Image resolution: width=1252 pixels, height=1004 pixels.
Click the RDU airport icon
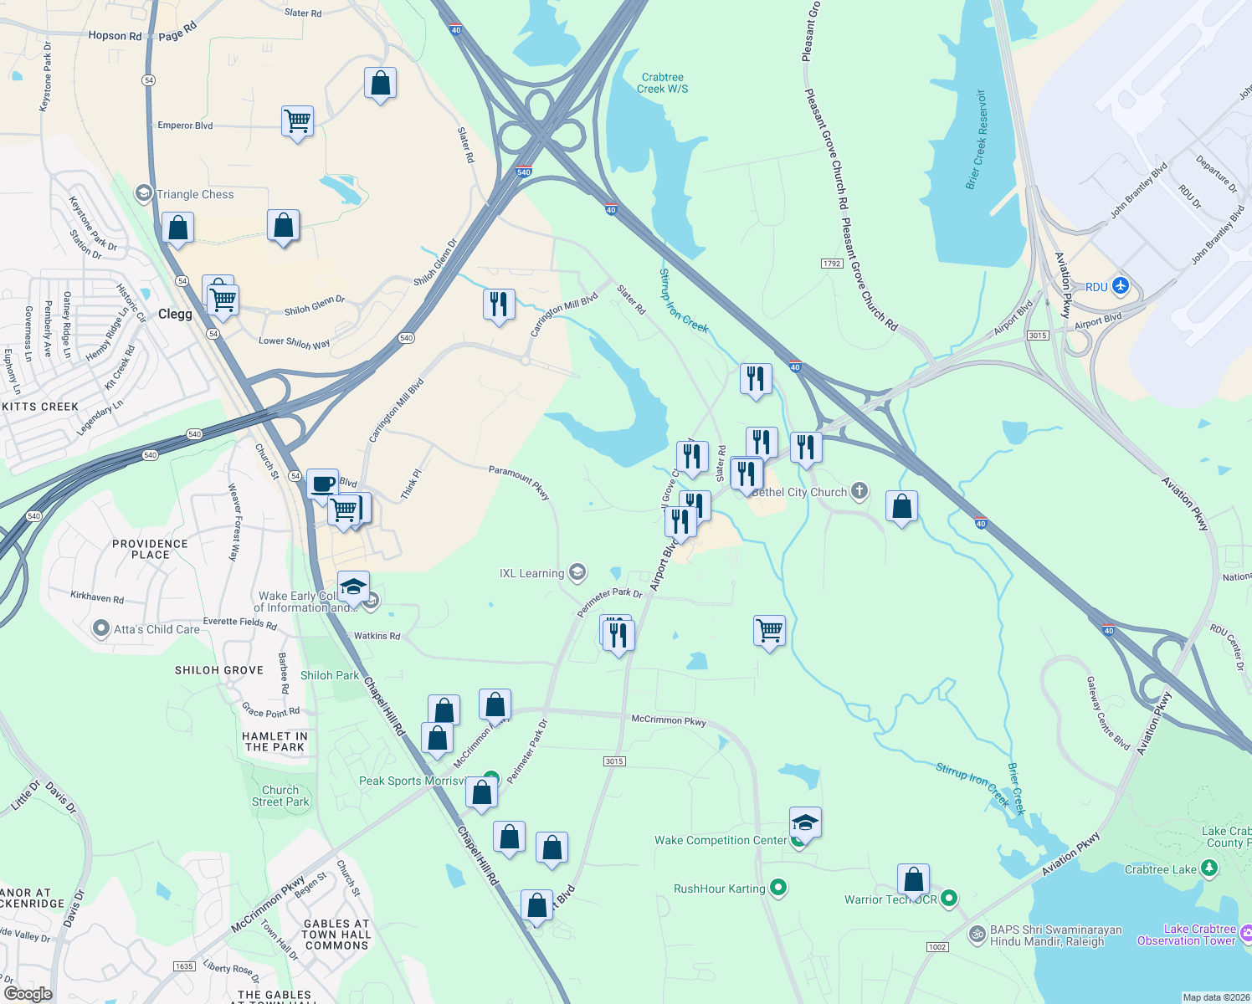pos(1121,287)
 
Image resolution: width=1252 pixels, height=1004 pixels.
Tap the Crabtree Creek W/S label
pos(662,83)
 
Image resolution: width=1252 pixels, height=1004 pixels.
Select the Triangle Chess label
pos(195,194)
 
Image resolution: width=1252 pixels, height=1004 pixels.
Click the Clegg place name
pos(175,314)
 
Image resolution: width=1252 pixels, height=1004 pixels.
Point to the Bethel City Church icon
pos(859,491)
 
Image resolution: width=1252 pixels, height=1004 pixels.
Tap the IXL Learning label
pos(531,573)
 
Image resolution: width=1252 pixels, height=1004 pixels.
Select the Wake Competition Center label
pos(721,840)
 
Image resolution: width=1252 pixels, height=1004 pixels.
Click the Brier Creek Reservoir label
pos(977,140)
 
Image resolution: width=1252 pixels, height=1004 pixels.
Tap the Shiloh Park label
pos(330,675)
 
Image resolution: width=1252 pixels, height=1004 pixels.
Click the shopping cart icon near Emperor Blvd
pos(298,121)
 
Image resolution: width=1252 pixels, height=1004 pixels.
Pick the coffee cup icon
pos(322,484)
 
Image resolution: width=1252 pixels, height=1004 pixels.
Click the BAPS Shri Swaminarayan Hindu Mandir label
pos(1055,935)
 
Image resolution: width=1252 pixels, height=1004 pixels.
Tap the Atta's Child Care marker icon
pos(101,628)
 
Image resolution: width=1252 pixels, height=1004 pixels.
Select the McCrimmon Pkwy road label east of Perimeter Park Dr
pos(669,720)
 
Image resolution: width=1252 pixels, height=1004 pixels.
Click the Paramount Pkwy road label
pos(519,481)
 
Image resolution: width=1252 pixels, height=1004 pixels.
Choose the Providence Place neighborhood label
pos(151,549)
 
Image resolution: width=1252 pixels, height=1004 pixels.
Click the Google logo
pos(28,994)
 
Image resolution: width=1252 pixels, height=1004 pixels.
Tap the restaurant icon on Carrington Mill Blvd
pos(499,304)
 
